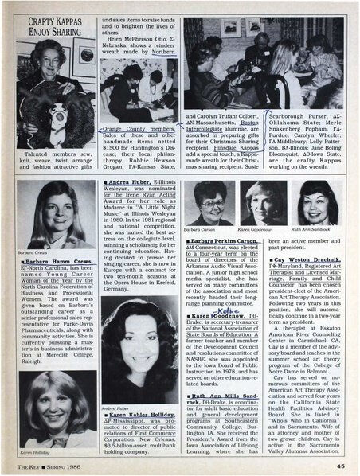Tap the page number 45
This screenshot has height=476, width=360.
pyautogui.click(x=339, y=466)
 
